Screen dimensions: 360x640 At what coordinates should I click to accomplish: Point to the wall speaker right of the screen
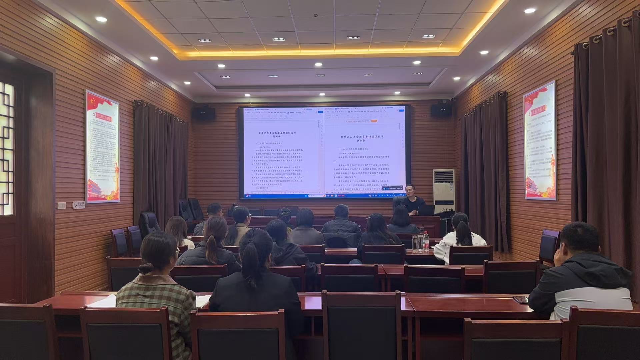441,110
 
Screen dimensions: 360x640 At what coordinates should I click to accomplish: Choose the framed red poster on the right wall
540,141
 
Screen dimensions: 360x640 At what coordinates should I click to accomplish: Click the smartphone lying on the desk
520,299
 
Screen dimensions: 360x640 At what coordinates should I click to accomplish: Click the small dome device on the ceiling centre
315,15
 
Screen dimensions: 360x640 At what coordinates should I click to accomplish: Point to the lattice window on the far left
7,147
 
